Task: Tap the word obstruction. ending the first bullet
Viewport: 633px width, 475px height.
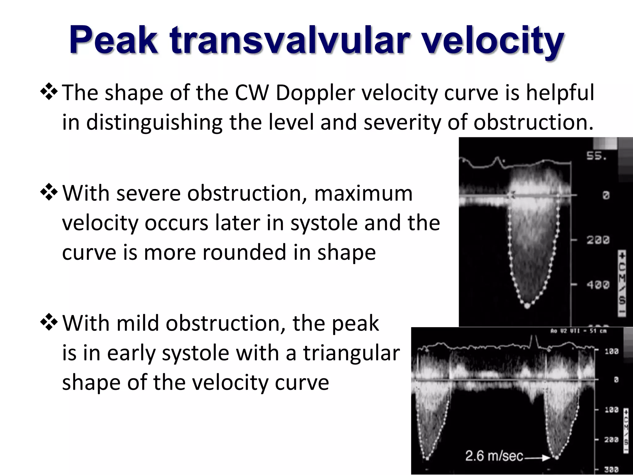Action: (533, 122)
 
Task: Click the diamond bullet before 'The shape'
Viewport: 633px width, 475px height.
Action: (49, 93)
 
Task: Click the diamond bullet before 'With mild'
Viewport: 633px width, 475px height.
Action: (49, 323)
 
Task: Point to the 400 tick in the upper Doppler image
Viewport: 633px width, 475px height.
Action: (598, 284)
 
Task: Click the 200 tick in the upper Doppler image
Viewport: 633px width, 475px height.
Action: (598, 240)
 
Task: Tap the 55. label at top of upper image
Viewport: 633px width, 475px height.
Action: (596, 156)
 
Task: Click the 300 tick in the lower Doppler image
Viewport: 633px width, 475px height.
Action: (611, 469)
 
